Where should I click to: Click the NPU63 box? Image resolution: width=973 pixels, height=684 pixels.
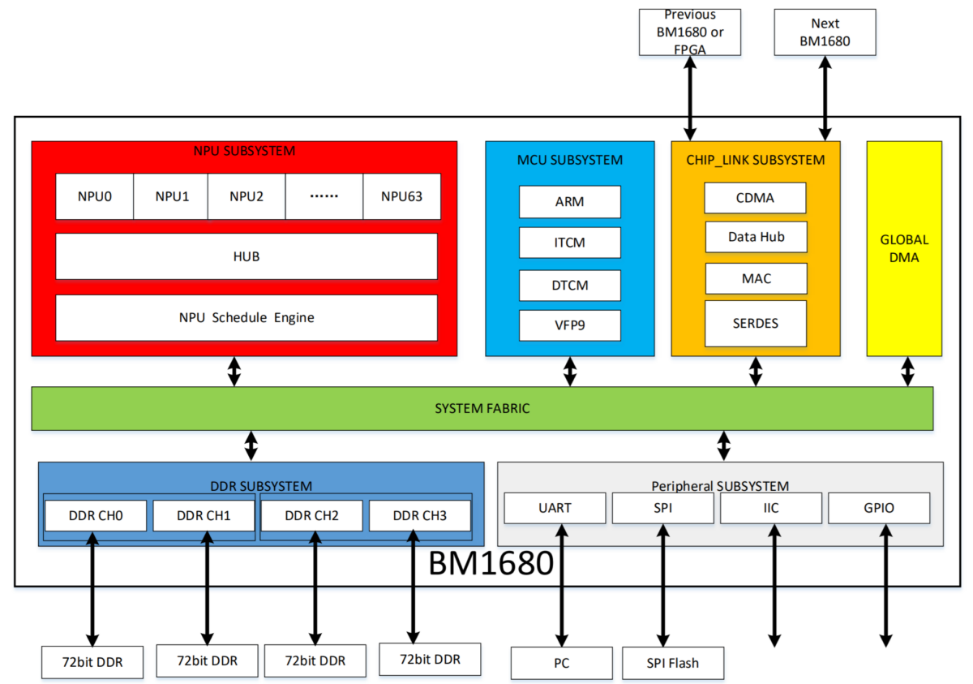tap(401, 196)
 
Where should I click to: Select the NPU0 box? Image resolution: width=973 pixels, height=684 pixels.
tap(94, 196)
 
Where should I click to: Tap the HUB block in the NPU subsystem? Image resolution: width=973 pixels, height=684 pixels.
tap(246, 256)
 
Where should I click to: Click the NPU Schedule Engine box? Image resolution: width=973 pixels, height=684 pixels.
tap(246, 317)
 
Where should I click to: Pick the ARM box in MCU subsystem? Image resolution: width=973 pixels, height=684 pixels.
tap(569, 202)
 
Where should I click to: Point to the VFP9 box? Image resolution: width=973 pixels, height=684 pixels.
tap(569, 325)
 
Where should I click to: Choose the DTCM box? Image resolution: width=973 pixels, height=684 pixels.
tap(569, 286)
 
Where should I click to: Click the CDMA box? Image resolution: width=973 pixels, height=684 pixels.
tap(755, 198)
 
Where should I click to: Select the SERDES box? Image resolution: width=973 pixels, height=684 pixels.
tap(755, 323)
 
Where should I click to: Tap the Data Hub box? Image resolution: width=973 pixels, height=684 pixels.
tap(755, 237)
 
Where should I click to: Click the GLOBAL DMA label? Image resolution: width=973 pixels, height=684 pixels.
tap(904, 248)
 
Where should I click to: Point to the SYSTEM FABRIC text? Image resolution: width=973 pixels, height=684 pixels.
tap(482, 408)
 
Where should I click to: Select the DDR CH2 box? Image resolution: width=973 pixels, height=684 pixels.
tap(311, 515)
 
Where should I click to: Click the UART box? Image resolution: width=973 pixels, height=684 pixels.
tap(555, 508)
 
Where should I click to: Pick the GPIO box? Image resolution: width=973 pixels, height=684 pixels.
tap(878, 508)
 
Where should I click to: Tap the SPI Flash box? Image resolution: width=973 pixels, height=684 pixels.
tap(672, 663)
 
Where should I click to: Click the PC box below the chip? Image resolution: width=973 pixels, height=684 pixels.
tap(561, 663)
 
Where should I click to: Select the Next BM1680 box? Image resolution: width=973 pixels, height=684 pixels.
tap(825, 32)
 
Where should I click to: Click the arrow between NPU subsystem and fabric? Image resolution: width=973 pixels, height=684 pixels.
tap(234, 371)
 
